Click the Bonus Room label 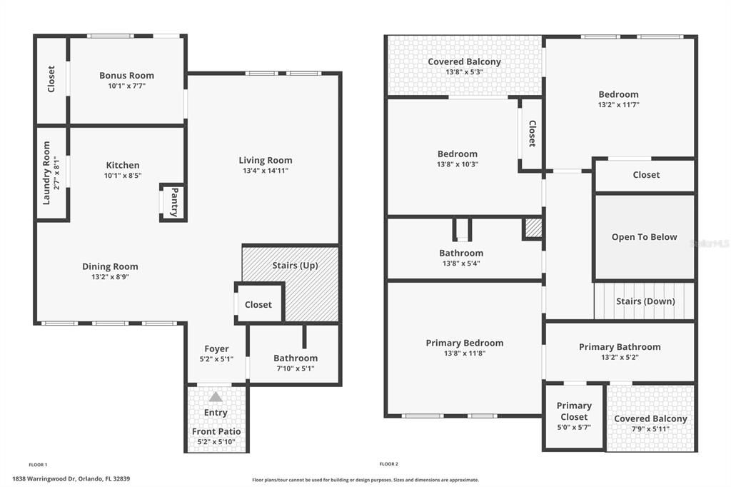(126, 75)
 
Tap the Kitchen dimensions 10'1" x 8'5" (123, 175)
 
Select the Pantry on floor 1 (173, 202)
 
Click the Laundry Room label (46, 172)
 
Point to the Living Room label (265, 160)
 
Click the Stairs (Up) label (295, 266)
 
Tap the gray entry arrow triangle (216, 396)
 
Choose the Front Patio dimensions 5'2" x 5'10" (216, 442)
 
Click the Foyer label (216, 349)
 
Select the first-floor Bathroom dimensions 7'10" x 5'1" (295, 368)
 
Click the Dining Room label (110, 266)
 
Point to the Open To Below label (644, 237)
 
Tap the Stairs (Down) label (645, 301)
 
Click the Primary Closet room (574, 416)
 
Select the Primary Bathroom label (619, 347)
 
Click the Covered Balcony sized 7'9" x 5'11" (650, 419)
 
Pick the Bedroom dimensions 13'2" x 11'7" (618, 104)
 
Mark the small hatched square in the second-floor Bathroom (533, 228)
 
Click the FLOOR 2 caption (388, 463)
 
